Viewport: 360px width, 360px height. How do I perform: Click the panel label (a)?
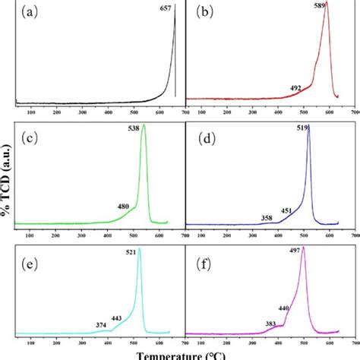pos(33,13)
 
